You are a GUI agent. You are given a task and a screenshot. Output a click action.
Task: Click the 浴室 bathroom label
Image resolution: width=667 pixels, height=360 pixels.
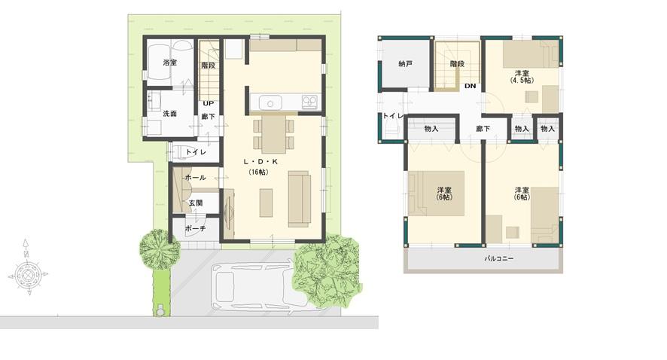tap(169, 63)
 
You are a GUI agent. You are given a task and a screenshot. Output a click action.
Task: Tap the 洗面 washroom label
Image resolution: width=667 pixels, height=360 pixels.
tap(169, 114)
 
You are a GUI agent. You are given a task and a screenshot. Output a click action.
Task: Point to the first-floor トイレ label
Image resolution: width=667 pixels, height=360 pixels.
tap(196, 152)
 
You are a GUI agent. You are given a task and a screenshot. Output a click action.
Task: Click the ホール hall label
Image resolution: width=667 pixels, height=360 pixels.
tap(195, 177)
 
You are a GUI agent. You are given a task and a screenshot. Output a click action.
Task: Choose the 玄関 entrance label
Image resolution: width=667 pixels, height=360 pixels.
tap(195, 203)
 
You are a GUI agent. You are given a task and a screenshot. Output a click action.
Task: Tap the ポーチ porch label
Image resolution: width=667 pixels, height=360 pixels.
tap(195, 228)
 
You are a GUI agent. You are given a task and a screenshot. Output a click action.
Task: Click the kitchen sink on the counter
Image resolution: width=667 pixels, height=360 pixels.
tap(270, 102)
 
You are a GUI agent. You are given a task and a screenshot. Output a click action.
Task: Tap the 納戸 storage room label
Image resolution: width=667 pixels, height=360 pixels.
tap(405, 64)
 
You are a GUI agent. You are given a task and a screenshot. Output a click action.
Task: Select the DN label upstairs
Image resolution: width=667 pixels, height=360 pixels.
tap(470, 87)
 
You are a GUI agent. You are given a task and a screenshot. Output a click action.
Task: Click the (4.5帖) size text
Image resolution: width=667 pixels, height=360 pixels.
tap(521, 80)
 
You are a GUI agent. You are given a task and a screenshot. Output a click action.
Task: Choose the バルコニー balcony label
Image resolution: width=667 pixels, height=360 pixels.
tap(498, 258)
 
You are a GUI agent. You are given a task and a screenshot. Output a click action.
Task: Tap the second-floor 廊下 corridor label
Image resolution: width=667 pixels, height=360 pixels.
tap(483, 129)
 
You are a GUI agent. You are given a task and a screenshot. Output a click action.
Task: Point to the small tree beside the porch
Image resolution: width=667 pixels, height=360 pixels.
tap(159, 249)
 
